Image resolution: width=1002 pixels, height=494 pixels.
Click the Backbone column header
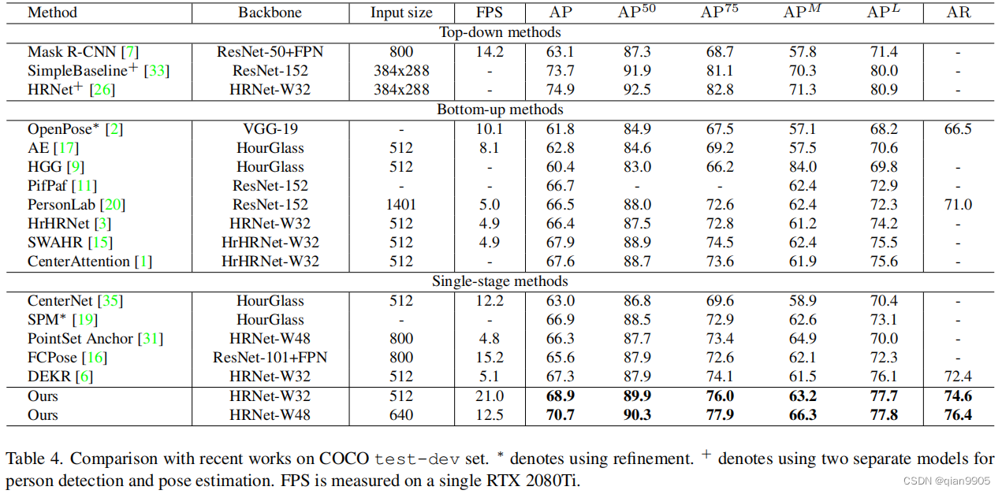[270, 13]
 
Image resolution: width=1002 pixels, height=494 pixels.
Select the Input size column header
[400, 13]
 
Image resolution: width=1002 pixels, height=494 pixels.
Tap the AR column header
[957, 13]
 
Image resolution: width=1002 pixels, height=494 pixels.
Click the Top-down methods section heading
[501, 32]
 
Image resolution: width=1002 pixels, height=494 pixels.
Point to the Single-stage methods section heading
[501, 281]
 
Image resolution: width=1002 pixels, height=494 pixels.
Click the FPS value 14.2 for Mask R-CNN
[489, 52]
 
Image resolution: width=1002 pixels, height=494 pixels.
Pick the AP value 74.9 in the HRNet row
[560, 90]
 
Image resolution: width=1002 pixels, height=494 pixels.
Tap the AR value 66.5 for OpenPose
[957, 129]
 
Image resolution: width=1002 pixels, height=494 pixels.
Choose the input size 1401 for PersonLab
[400, 205]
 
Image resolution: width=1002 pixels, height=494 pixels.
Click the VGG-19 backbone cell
[270, 129]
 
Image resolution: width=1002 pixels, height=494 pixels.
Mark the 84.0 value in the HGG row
[802, 167]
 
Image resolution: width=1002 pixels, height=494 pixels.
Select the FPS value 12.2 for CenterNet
[489, 301]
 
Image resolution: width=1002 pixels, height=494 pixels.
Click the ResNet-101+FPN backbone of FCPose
[270, 358]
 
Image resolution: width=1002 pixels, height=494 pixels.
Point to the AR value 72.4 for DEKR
[957, 377]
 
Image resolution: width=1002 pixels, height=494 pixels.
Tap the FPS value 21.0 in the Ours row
[489, 396]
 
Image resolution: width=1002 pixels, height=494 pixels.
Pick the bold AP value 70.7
[560, 415]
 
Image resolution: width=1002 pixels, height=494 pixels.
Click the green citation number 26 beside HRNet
[102, 90]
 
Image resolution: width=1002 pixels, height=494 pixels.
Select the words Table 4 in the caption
[32, 459]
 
